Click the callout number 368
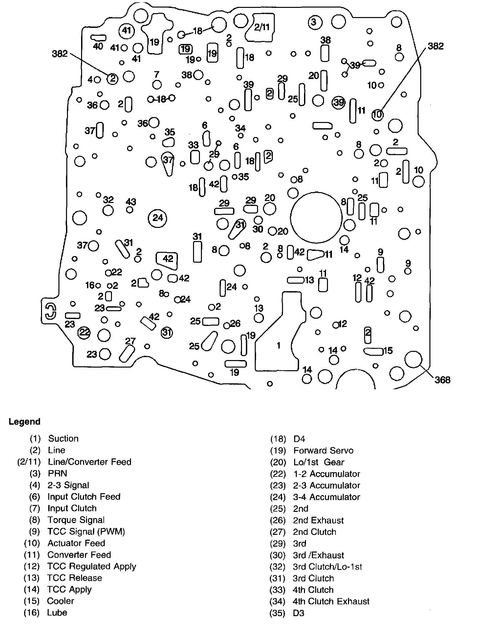tap(442, 380)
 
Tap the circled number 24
tap(158, 218)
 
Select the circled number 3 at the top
tap(314, 22)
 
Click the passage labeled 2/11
tap(262, 27)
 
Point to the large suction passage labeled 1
tap(278, 345)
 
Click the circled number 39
tap(339, 103)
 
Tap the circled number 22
tap(84, 333)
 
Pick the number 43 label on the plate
tap(131, 202)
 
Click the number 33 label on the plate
tap(193, 145)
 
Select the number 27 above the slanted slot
tap(130, 341)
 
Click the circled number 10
tap(378, 114)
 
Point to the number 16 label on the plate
tap(90, 285)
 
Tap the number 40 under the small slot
tap(98, 46)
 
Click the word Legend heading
tap(24, 422)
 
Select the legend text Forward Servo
tap(323, 451)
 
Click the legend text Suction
tap(63, 439)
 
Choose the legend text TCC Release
tap(75, 578)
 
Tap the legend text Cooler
tap(60, 601)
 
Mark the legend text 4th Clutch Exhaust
tap(331, 601)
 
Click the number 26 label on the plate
tap(235, 324)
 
